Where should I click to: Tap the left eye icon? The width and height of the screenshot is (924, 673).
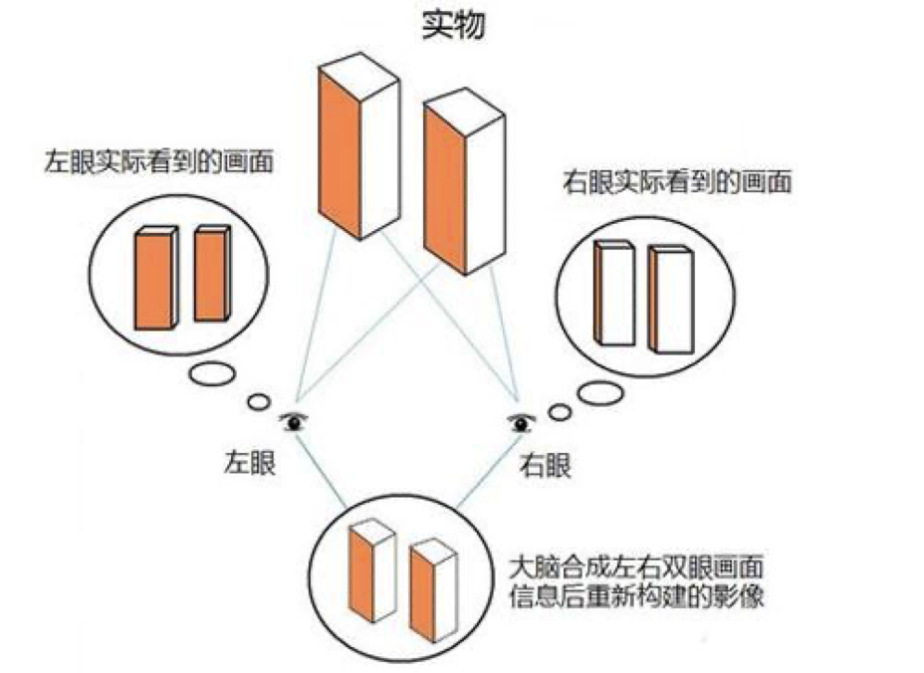[x=296, y=422]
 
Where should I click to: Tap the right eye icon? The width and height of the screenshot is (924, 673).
[x=521, y=423]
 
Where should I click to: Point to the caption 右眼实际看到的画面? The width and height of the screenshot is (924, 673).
[x=677, y=181]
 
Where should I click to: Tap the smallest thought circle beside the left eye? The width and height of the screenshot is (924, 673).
[x=259, y=403]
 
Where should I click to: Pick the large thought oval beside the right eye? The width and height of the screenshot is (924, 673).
[x=600, y=392]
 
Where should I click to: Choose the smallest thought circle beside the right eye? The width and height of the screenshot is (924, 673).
[x=558, y=411]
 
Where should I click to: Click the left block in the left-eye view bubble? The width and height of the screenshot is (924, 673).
[x=155, y=278]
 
